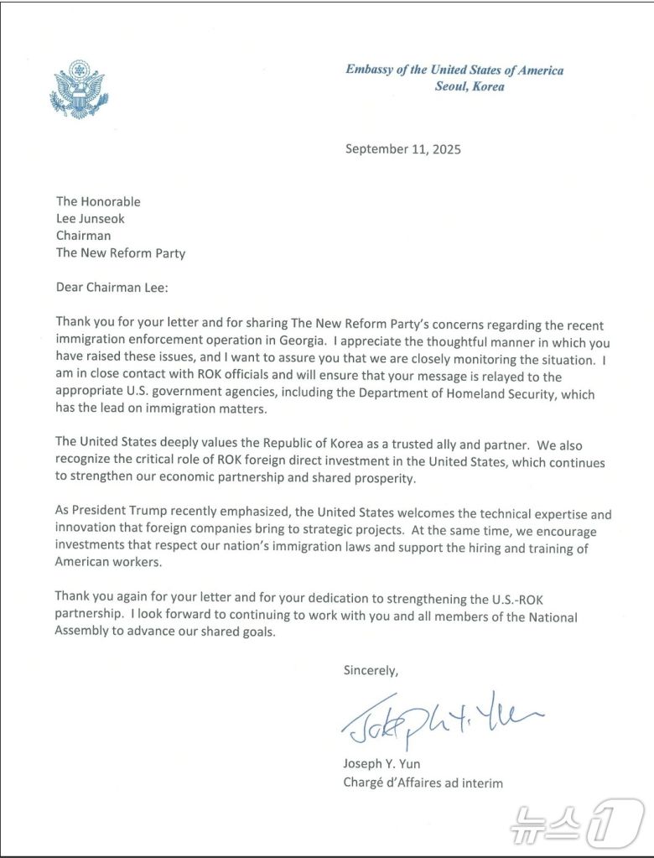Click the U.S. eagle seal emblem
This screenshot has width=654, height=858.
click(80, 89)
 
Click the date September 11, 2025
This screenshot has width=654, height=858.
click(403, 150)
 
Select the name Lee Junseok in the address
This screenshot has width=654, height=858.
click(91, 219)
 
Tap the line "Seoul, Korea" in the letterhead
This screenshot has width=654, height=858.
click(469, 86)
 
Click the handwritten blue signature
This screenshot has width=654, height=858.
click(440, 717)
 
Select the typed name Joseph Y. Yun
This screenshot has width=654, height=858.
click(381, 765)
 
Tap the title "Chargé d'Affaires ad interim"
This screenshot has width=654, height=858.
click(423, 783)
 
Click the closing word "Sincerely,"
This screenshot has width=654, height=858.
click(371, 670)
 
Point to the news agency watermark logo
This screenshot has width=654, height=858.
click(578, 821)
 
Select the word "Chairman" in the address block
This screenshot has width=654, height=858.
click(84, 236)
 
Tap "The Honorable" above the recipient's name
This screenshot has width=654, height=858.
click(98, 201)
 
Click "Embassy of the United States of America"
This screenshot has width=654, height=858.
click(454, 70)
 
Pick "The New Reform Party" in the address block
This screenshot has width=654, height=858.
click(121, 252)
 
